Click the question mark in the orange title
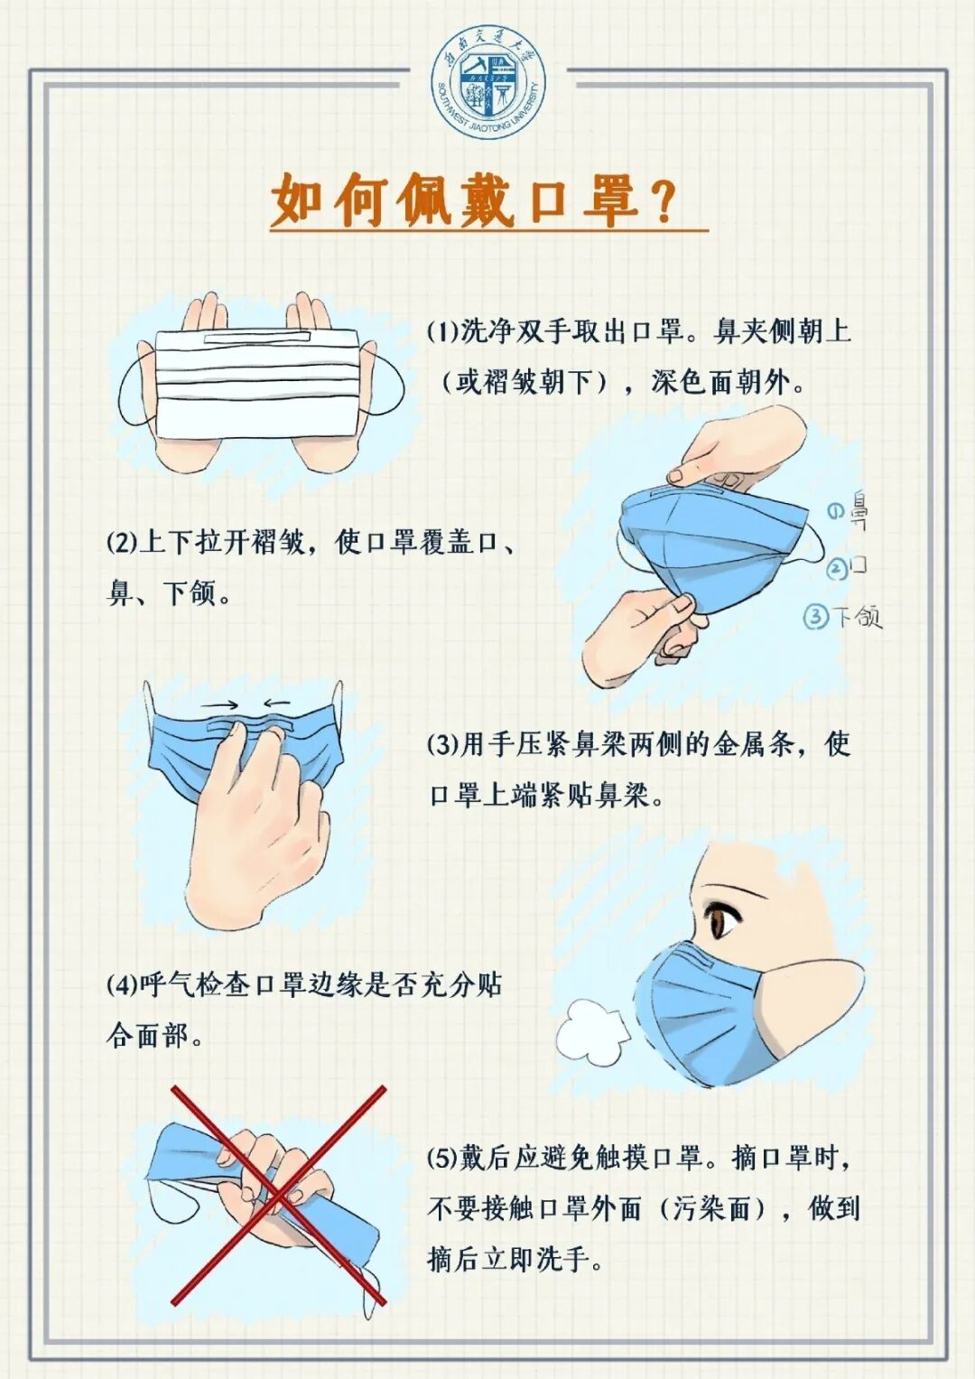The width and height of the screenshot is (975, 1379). point(663,202)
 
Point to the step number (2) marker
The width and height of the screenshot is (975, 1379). point(122,543)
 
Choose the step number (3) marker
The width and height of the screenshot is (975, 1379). point(443,746)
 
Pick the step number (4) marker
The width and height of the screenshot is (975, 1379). point(122,985)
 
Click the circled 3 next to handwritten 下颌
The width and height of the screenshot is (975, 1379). point(815,617)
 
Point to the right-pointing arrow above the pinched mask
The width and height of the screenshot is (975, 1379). point(221,704)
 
